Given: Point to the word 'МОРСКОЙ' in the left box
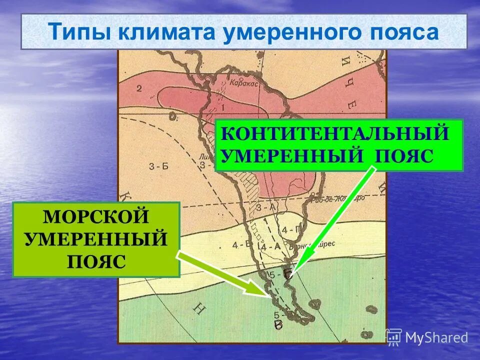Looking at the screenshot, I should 96,217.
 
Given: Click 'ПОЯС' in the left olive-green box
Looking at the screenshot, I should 96,260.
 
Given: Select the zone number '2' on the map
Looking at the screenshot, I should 139,88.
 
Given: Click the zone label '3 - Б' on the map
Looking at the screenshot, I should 159,166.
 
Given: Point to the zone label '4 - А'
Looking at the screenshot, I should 266,246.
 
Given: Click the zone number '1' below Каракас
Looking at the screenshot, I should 222,107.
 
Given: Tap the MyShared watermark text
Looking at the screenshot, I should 436,338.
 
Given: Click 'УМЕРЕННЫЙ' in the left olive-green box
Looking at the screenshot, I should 96,239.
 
